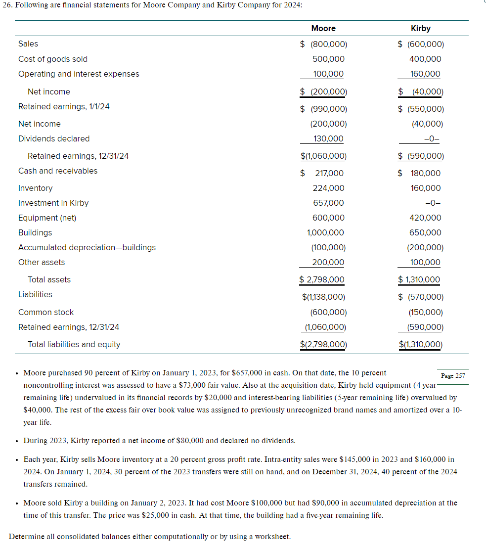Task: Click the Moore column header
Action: coord(323,29)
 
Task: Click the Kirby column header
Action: coord(420,29)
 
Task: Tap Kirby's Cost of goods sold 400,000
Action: coord(425,59)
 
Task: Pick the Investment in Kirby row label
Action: coord(53,203)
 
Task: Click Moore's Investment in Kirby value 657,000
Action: coord(328,203)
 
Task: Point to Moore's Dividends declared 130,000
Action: coord(328,138)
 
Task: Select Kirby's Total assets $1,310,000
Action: coord(419,279)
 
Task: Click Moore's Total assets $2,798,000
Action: coord(322,279)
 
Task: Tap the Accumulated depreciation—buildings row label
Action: coord(87,247)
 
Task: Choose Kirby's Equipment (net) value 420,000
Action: coord(425,218)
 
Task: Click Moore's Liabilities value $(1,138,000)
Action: coord(323,297)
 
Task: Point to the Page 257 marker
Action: coord(453,375)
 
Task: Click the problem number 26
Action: coord(6,4)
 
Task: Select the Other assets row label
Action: coord(42,262)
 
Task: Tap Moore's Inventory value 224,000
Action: coord(328,188)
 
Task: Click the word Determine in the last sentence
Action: coord(26,536)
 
